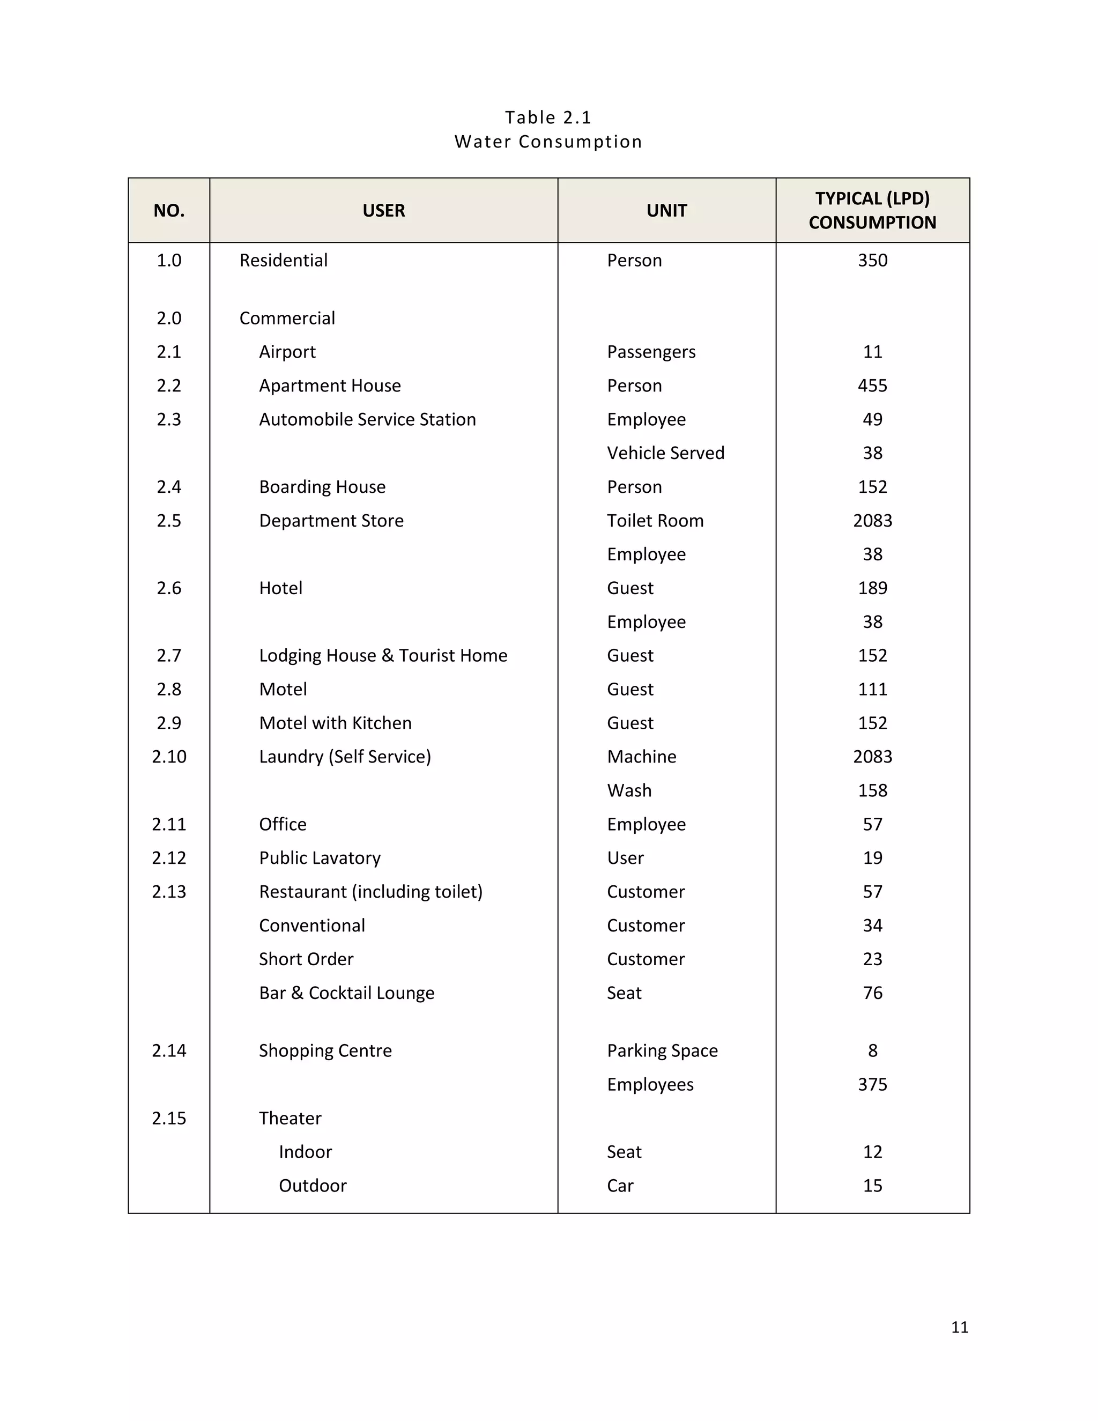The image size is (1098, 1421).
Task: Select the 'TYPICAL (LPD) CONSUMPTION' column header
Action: (x=872, y=210)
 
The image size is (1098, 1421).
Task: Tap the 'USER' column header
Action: (x=383, y=210)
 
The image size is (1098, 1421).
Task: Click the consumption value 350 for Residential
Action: (x=872, y=260)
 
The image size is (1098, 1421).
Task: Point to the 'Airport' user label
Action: (x=287, y=352)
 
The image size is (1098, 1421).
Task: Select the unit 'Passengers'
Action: (x=650, y=352)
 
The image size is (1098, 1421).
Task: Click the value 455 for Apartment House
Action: (x=872, y=386)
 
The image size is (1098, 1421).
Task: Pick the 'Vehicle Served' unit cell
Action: (x=665, y=453)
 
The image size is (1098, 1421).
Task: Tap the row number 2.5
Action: (x=168, y=521)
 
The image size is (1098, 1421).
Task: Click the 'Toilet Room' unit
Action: (x=655, y=521)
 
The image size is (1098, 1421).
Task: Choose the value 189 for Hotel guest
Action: (x=872, y=588)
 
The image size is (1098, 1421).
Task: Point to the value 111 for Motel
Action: (x=872, y=689)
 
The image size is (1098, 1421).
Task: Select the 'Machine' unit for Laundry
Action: (x=641, y=757)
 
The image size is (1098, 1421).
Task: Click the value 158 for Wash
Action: (x=872, y=790)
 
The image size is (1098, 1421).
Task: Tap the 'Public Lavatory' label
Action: (x=320, y=857)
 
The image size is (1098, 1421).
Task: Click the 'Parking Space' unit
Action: (x=662, y=1051)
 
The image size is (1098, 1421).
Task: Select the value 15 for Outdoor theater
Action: (x=872, y=1186)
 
